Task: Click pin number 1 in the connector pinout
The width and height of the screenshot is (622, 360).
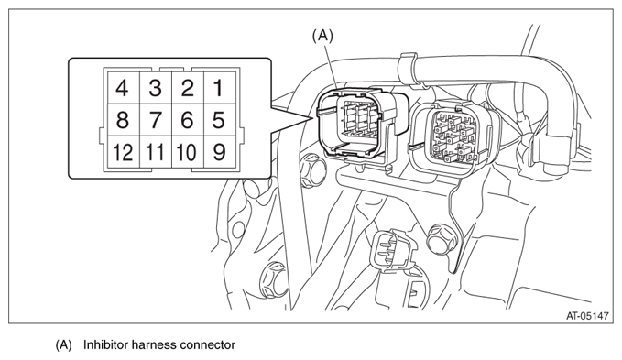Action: [219, 88]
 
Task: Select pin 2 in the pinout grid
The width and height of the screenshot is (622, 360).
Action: [188, 88]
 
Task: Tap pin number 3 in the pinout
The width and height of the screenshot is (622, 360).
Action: [156, 88]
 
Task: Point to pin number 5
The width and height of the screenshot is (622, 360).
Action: [219, 120]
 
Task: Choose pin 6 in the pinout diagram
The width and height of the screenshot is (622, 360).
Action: [188, 120]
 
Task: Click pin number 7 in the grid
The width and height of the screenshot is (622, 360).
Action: [156, 120]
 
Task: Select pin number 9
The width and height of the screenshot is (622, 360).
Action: [219, 152]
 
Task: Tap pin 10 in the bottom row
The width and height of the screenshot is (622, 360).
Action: [188, 152]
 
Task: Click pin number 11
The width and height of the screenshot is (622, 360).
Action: [156, 152]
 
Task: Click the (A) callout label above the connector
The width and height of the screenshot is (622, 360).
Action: [322, 36]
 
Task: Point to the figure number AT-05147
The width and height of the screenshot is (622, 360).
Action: [587, 316]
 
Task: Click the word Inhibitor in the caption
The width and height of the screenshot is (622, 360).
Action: [105, 344]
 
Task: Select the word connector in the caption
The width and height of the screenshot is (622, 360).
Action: [207, 345]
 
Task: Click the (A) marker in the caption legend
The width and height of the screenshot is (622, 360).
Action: [63, 345]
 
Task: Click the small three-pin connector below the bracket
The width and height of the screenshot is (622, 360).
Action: [393, 250]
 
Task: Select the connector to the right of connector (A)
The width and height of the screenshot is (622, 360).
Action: [454, 136]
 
